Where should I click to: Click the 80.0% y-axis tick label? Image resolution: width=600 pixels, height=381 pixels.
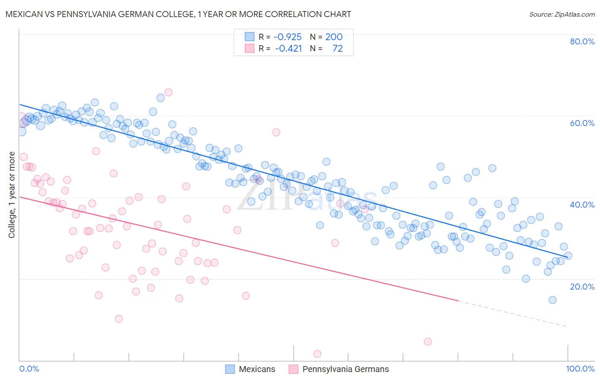pyautogui.click(x=582, y=41)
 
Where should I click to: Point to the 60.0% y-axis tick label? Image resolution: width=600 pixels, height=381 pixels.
pyautogui.click(x=582, y=123)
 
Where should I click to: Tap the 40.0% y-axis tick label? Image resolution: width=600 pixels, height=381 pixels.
pyautogui.click(x=582, y=205)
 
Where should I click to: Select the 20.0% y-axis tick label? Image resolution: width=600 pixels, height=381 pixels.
pyautogui.click(x=582, y=286)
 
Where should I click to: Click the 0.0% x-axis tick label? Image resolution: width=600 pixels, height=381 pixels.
pyautogui.click(x=29, y=369)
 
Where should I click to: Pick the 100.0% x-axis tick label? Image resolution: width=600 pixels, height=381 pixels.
pyautogui.click(x=580, y=369)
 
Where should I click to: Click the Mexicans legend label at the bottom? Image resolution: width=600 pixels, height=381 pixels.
pyautogui.click(x=257, y=369)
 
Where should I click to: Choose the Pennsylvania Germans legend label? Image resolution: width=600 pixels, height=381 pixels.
pyautogui.click(x=346, y=369)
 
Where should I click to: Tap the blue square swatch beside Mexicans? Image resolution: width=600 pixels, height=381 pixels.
pyautogui.click(x=230, y=369)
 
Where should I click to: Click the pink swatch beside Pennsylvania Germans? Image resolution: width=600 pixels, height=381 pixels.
pyautogui.click(x=294, y=369)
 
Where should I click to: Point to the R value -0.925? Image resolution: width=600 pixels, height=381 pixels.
pyautogui.click(x=288, y=37)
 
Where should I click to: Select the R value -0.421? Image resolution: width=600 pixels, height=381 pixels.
pyautogui.click(x=288, y=49)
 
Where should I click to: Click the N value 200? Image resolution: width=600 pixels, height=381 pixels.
pyautogui.click(x=334, y=37)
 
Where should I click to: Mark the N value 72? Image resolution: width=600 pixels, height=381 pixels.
pyautogui.click(x=338, y=49)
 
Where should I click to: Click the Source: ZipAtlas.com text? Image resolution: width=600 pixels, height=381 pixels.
pyautogui.click(x=562, y=15)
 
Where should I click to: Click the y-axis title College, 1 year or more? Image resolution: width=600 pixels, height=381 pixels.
pyautogui.click(x=12, y=195)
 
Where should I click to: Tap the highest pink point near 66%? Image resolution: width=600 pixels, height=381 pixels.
pyautogui.click(x=168, y=92)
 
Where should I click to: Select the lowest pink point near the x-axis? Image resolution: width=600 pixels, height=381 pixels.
pyautogui.click(x=317, y=354)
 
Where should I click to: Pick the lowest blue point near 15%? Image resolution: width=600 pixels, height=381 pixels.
pyautogui.click(x=552, y=300)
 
